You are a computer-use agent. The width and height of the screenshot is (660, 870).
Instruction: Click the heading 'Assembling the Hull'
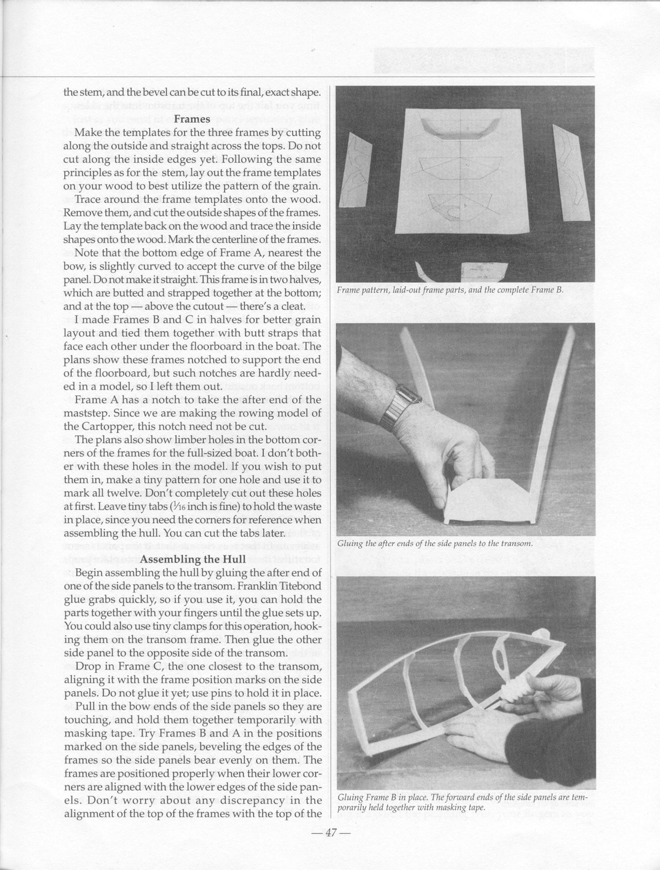(193, 559)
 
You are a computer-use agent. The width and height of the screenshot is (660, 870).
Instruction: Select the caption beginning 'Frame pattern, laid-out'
(450, 290)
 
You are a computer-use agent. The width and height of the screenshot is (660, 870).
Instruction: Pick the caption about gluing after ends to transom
(435, 544)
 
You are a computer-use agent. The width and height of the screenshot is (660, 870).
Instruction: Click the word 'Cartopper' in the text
(106, 427)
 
